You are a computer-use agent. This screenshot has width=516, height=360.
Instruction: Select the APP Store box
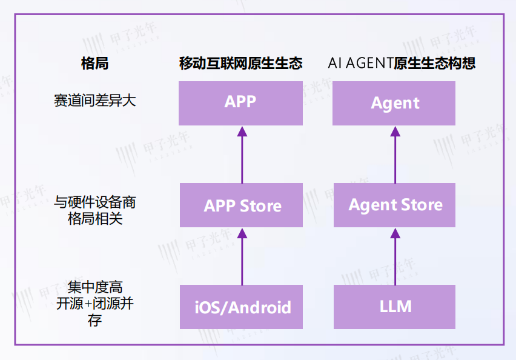pos(241,205)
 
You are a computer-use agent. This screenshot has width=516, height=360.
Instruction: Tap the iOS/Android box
pos(241,307)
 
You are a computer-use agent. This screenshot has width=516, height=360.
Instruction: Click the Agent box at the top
pos(395,104)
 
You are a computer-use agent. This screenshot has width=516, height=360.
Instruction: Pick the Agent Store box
pos(395,205)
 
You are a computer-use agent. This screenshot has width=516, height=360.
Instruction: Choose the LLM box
pos(395,307)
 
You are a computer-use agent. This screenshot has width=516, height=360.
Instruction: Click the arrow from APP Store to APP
pos(242,155)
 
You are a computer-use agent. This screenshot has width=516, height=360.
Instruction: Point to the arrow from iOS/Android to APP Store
pos(242,256)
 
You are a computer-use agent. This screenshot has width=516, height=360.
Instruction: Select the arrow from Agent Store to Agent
pos(395,155)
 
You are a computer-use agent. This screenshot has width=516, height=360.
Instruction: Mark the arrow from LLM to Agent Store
pos(395,256)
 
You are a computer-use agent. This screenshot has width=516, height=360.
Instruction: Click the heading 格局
pos(94,63)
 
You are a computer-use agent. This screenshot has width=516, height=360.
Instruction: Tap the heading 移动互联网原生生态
pos(241,63)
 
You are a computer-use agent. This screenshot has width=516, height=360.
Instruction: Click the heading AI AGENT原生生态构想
pos(402,63)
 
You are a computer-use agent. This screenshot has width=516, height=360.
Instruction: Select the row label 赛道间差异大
pos(94,101)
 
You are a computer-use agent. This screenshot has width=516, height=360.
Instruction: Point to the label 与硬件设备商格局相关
pos(94,210)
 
